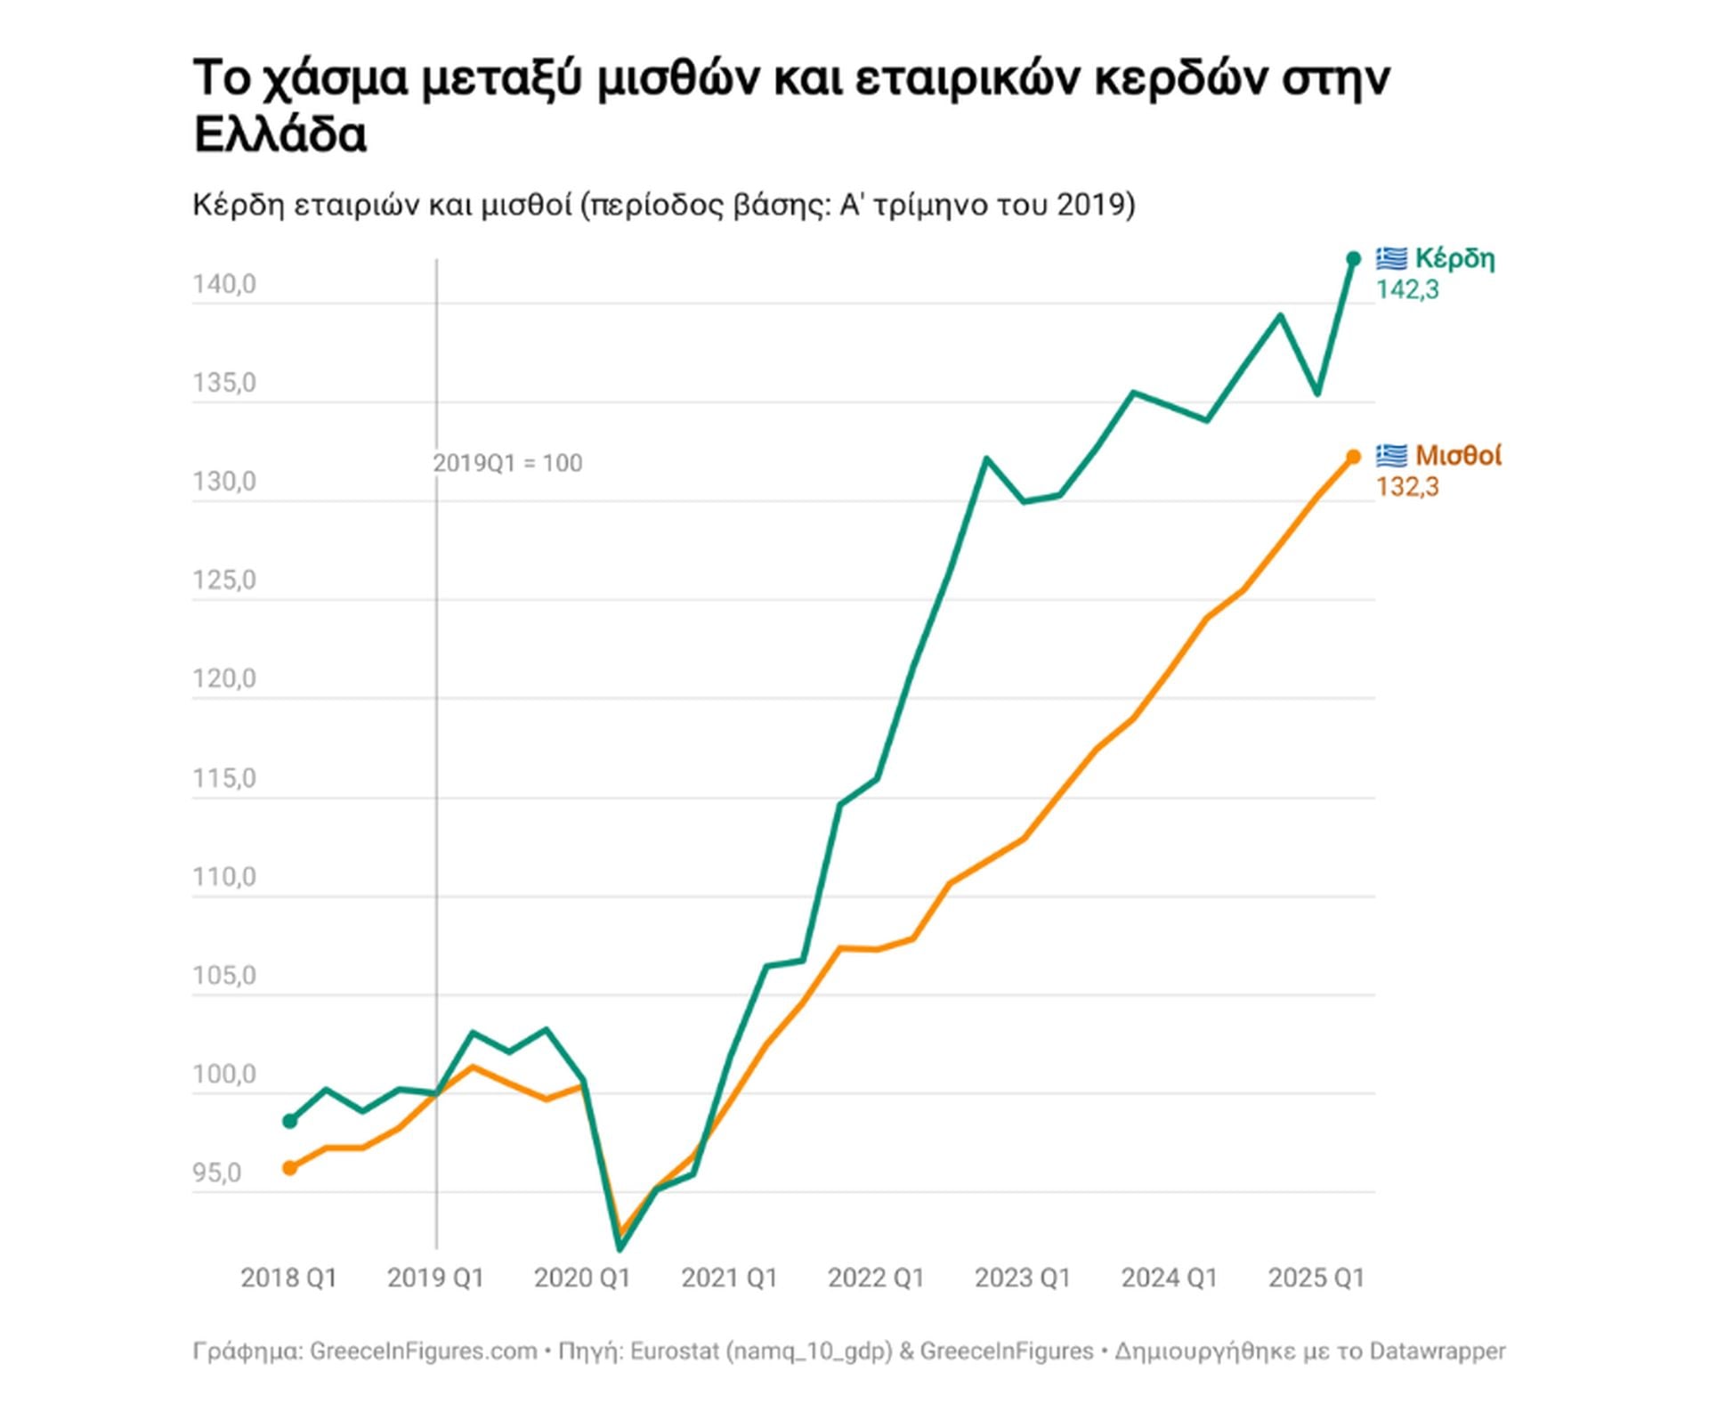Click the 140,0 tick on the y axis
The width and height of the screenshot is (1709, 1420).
224,285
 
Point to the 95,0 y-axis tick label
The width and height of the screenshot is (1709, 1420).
217,1173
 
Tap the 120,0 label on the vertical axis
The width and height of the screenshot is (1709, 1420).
224,678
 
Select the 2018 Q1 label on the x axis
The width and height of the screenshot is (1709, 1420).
289,1278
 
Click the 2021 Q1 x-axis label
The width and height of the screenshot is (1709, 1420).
729,1278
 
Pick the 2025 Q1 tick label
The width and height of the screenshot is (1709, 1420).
1316,1278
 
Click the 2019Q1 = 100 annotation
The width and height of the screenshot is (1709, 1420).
507,463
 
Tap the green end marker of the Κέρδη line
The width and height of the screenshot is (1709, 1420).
1353,259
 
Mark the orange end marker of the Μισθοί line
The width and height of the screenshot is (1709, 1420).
1353,457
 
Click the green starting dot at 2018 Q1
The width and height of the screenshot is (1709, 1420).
289,1121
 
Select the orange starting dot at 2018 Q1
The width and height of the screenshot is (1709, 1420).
289,1167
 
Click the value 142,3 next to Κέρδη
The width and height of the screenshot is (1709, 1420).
1407,289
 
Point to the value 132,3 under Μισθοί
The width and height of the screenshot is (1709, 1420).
1407,487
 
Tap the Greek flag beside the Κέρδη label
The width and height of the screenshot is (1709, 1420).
1391,258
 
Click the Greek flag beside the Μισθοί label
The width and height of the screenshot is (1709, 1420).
1391,456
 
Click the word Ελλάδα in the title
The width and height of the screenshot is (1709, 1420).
280,135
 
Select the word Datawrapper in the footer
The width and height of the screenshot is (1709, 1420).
1437,1351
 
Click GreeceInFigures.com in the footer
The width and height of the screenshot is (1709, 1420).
424,1351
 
